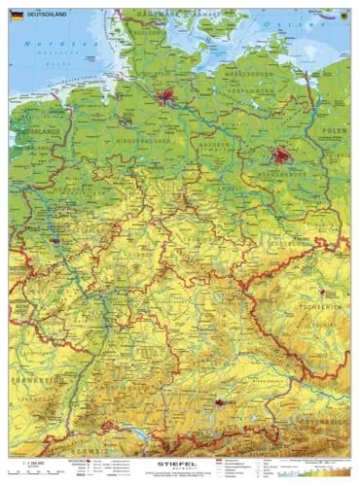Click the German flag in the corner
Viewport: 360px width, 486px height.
(x=17, y=16)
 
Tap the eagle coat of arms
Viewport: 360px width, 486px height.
(x=342, y=17)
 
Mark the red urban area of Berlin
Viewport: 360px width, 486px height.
(x=283, y=156)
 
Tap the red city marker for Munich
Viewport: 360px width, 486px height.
(x=219, y=401)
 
